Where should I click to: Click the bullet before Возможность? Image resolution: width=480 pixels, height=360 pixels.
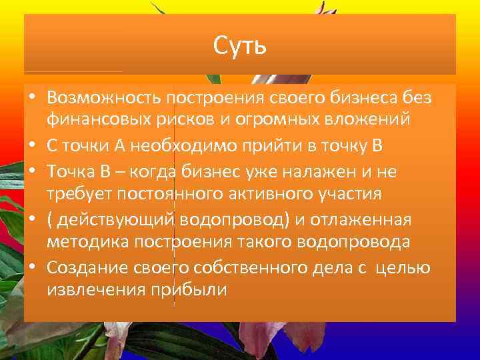[32, 99]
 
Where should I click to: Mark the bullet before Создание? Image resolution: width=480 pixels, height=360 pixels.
[32, 268]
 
